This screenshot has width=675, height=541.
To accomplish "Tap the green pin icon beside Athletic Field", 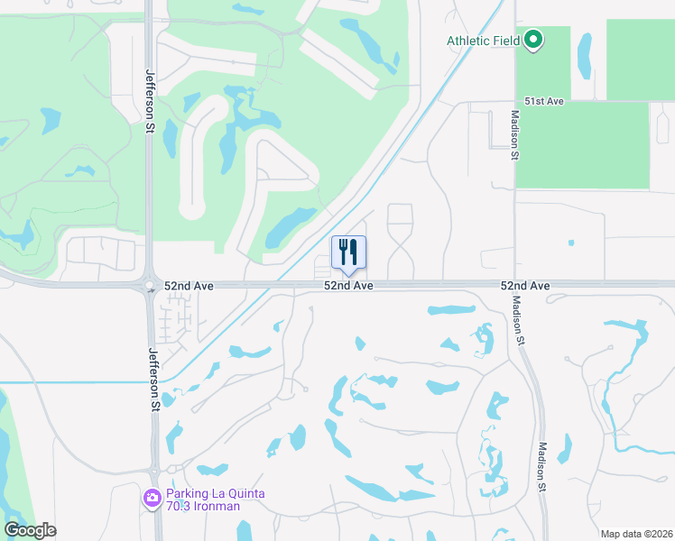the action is [533, 41].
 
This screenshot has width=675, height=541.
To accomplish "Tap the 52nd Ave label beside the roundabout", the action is [189, 286].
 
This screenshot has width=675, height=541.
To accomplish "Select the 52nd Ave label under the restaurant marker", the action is [349, 286].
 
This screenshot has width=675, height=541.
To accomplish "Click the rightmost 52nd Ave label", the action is [525, 286].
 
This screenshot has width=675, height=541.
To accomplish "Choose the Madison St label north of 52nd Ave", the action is [514, 135].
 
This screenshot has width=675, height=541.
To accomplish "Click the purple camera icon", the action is [152, 497].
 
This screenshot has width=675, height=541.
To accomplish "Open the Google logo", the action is [29, 530].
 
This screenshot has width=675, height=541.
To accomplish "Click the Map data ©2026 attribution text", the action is [635, 534].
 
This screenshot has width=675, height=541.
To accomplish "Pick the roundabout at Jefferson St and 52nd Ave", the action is [148, 287].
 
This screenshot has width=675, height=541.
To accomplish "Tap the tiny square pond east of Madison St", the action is [570, 243].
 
